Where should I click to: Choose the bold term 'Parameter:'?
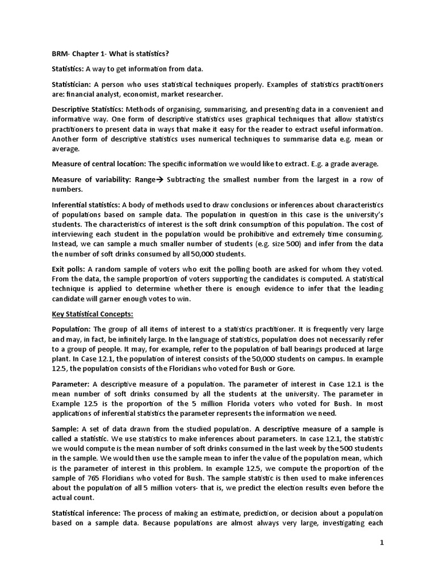click(x=71, y=384)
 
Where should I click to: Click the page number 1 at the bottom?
click(x=383, y=543)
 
